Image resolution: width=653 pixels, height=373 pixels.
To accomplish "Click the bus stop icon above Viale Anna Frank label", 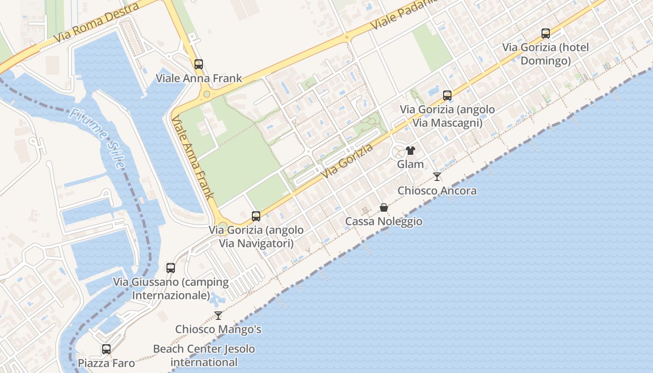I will [199, 64].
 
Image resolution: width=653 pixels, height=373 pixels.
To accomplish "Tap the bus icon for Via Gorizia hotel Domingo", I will [546, 34].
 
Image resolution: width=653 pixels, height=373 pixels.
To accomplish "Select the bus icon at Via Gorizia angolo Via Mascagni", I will [447, 96].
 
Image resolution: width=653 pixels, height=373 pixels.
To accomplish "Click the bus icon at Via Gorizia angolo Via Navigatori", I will [256, 216].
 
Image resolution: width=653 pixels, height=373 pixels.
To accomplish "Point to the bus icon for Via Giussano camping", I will [171, 268].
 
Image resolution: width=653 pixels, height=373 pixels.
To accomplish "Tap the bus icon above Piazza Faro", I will [106, 349].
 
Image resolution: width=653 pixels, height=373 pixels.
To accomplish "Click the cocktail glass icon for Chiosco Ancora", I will [437, 177].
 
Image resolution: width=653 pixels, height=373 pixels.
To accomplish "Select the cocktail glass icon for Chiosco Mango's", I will [218, 316].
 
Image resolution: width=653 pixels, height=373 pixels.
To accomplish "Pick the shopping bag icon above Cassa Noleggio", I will [384, 207].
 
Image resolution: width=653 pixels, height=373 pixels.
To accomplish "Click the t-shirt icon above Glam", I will [410, 151].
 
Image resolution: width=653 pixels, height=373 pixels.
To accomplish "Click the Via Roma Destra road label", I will [97, 23].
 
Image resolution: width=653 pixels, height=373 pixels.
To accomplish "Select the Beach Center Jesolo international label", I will [204, 355].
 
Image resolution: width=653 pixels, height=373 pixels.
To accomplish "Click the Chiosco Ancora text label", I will [437, 191].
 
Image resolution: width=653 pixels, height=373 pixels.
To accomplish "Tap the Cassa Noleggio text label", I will [384, 221].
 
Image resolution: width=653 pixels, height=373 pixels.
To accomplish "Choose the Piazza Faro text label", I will [106, 363].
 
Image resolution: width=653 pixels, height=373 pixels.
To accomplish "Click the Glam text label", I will [410, 164].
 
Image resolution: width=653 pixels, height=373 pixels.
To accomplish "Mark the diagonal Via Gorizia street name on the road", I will [347, 160].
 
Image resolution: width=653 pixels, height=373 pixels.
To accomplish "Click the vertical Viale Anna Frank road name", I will [192, 157].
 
